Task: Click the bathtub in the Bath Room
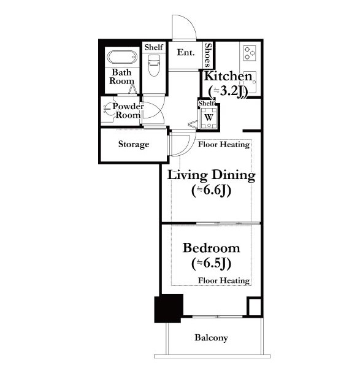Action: tap(122, 57)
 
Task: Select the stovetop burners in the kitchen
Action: tap(250, 53)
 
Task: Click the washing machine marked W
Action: tap(209, 118)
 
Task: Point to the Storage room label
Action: tap(134, 144)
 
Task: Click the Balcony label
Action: tap(211, 338)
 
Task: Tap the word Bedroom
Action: tap(211, 248)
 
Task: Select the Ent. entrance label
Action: tap(186, 52)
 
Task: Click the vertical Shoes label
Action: tap(208, 55)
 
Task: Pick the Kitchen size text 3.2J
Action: tap(228, 91)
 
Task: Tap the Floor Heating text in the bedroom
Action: tap(224, 280)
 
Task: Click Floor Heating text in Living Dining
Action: tap(224, 144)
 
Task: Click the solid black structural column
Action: tap(169, 308)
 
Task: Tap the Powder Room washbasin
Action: tap(107, 109)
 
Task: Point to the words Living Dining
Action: tap(211, 175)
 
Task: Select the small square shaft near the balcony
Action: tap(254, 307)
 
